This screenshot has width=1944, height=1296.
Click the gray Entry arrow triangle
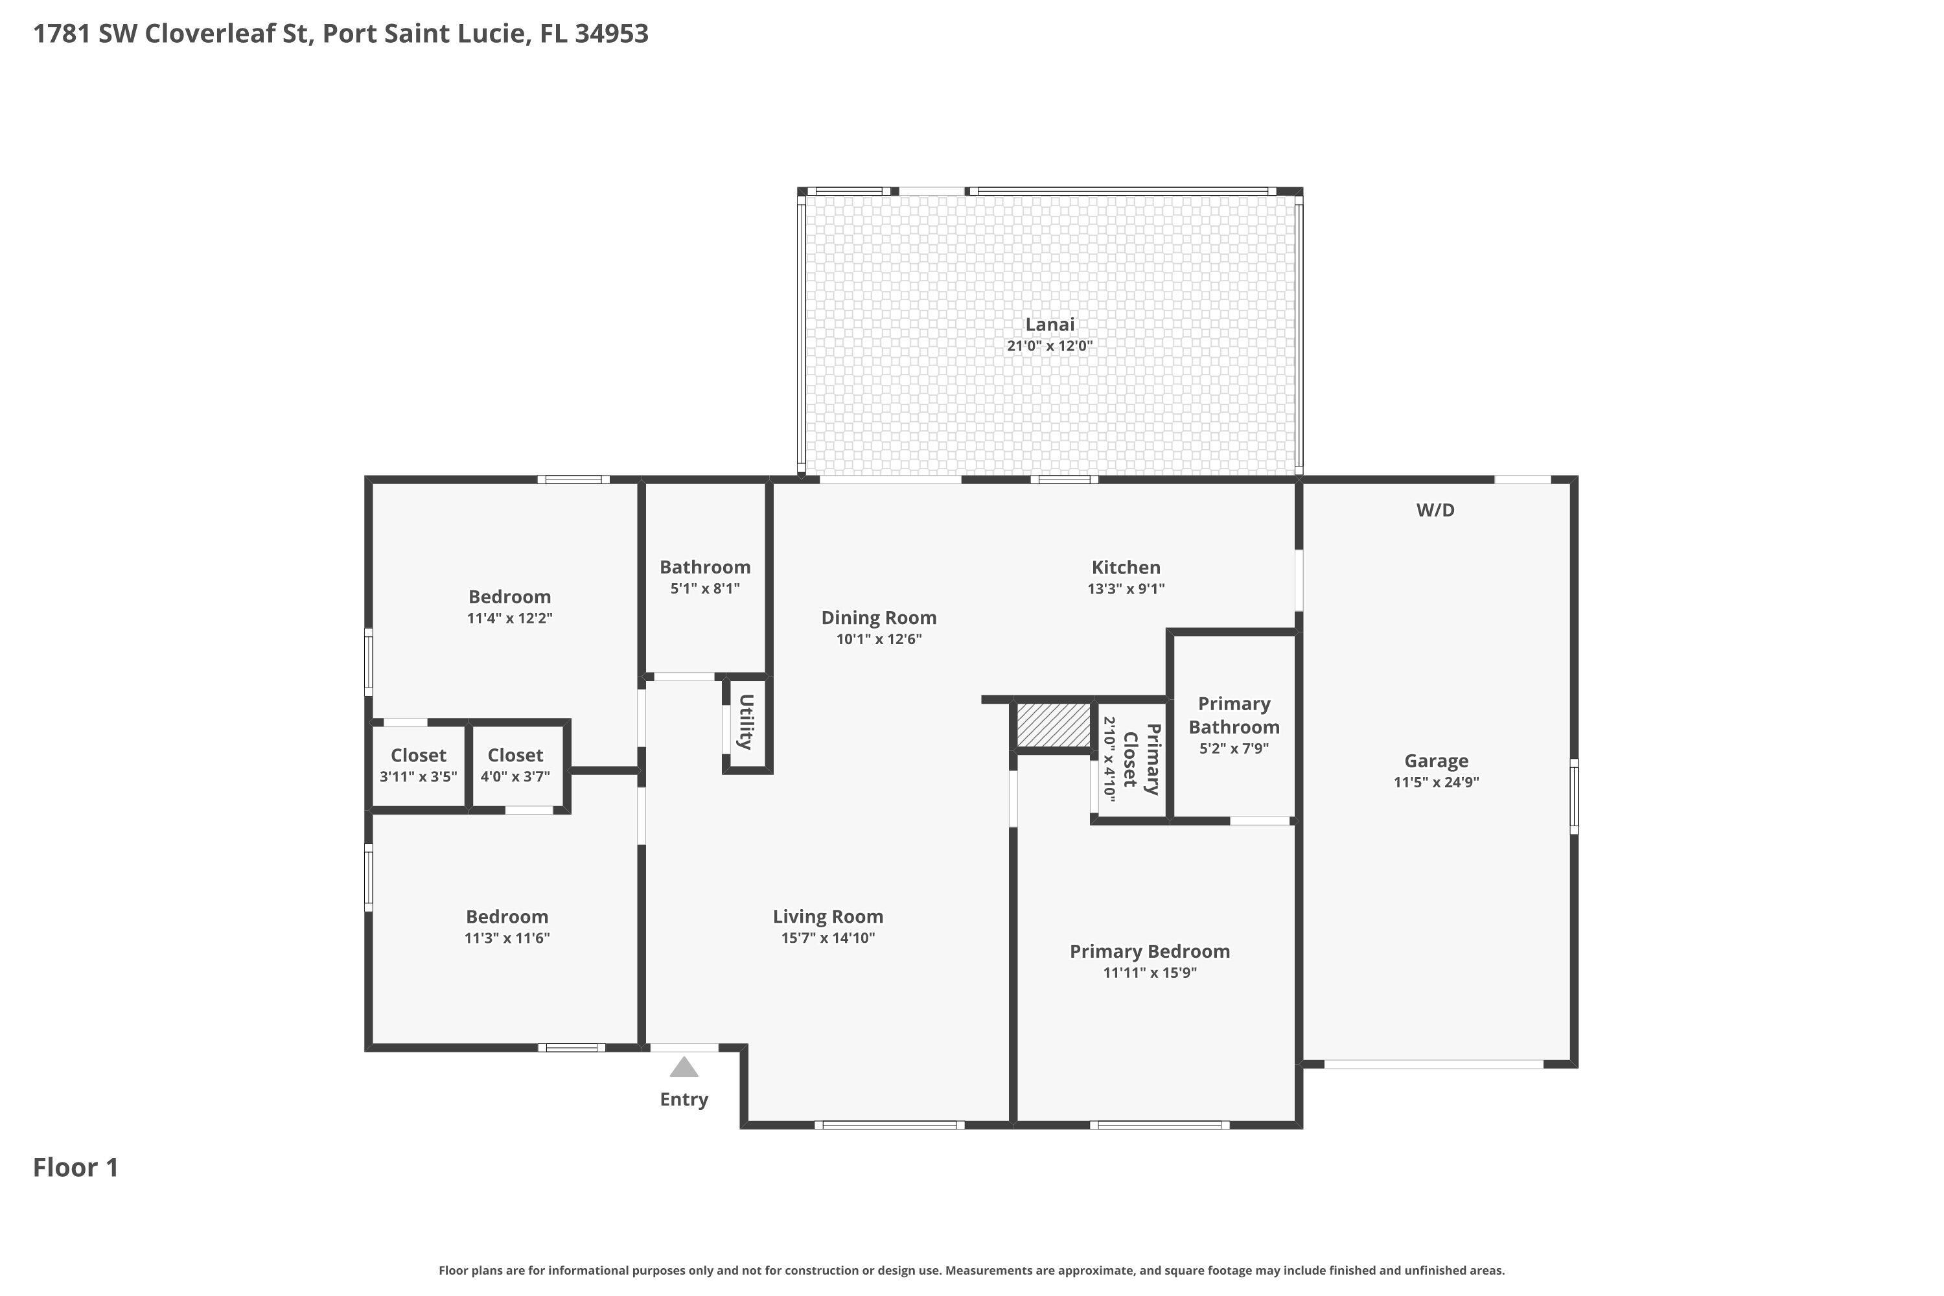tap(684, 1067)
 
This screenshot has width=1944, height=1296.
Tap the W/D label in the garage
tap(1435, 510)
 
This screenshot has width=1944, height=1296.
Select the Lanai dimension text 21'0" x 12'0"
tap(1049, 345)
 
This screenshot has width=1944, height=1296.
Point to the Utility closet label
tap(746, 723)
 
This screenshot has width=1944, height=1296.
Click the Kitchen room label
tap(1126, 567)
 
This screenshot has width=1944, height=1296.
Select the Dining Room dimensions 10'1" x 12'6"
tap(879, 639)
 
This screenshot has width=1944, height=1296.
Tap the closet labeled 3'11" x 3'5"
tap(418, 765)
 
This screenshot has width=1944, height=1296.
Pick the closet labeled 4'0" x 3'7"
tap(515, 765)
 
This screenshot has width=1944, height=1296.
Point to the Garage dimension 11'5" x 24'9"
tap(1436, 782)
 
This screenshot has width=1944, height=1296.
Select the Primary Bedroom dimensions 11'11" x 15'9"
tap(1149, 972)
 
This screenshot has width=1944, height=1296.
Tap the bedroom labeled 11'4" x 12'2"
tap(509, 606)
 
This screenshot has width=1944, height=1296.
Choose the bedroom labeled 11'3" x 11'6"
tap(507, 926)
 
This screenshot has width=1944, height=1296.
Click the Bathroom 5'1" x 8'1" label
tap(704, 576)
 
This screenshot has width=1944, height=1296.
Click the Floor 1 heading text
tap(76, 1167)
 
